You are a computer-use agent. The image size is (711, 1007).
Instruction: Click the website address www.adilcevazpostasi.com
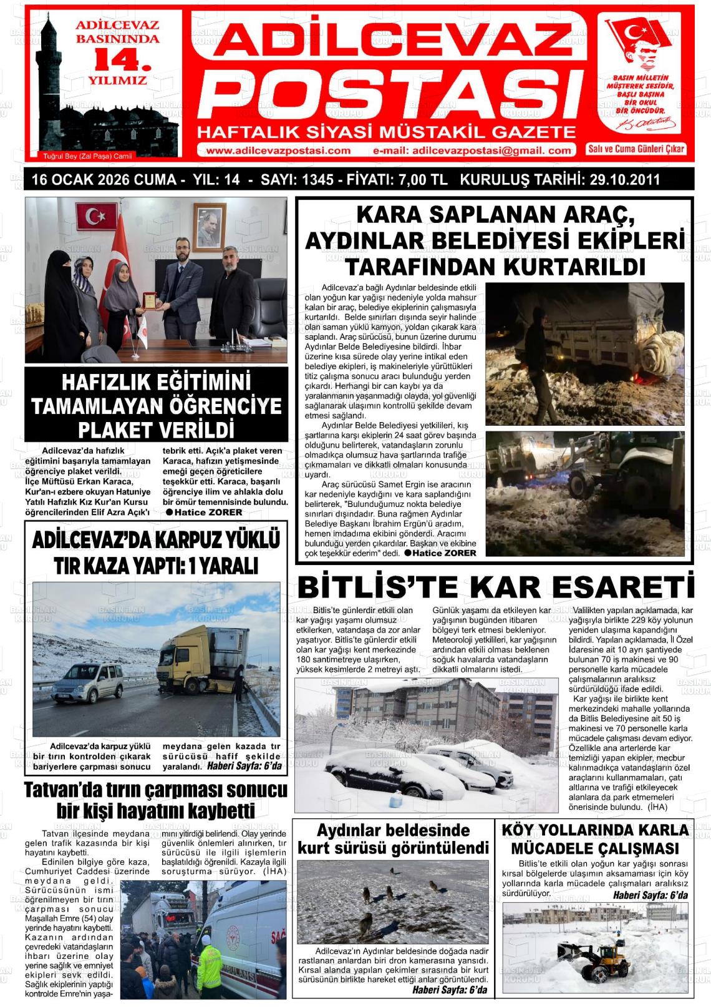(278, 150)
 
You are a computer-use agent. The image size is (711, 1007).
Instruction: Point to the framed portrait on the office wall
(206, 228)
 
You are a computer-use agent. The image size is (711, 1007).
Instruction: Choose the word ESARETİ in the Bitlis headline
(619, 588)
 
